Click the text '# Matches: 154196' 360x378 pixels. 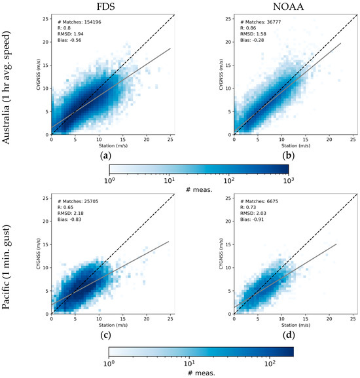point(81,23)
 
